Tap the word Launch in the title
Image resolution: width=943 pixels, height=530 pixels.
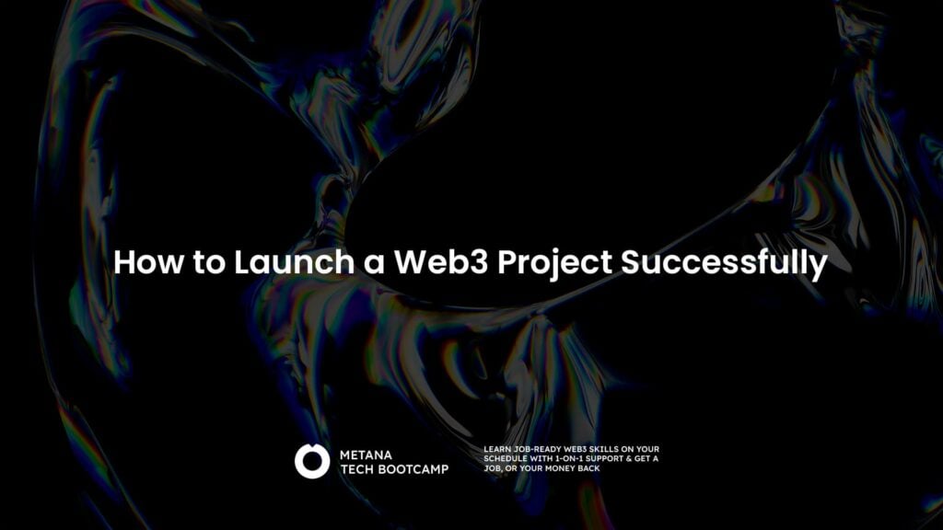tap(291, 262)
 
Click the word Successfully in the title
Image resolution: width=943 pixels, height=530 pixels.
tap(725, 262)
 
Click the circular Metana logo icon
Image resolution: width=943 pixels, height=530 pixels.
tap(312, 461)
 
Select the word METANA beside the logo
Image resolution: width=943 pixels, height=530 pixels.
tap(367, 454)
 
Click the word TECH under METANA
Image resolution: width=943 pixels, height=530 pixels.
tap(357, 468)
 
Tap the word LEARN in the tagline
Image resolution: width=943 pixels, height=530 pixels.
tap(495, 449)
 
